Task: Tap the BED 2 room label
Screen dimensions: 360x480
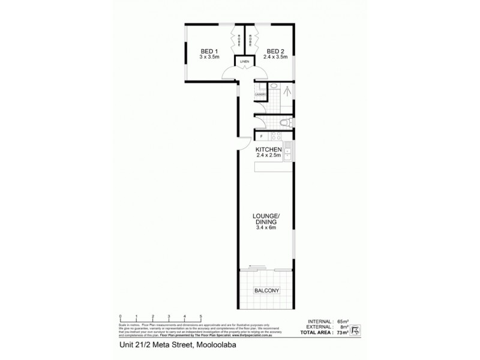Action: [x=275, y=51]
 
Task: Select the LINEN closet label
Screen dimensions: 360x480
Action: [x=244, y=62]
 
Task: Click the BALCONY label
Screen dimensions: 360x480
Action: [x=266, y=292]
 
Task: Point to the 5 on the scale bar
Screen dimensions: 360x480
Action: [x=201, y=316]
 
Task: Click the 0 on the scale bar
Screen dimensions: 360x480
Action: [x=121, y=316]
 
